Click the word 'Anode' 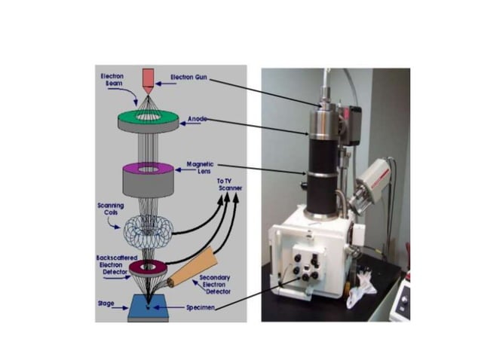click(198, 118)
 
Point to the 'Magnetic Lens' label click(200, 167)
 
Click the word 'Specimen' click(201, 307)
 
